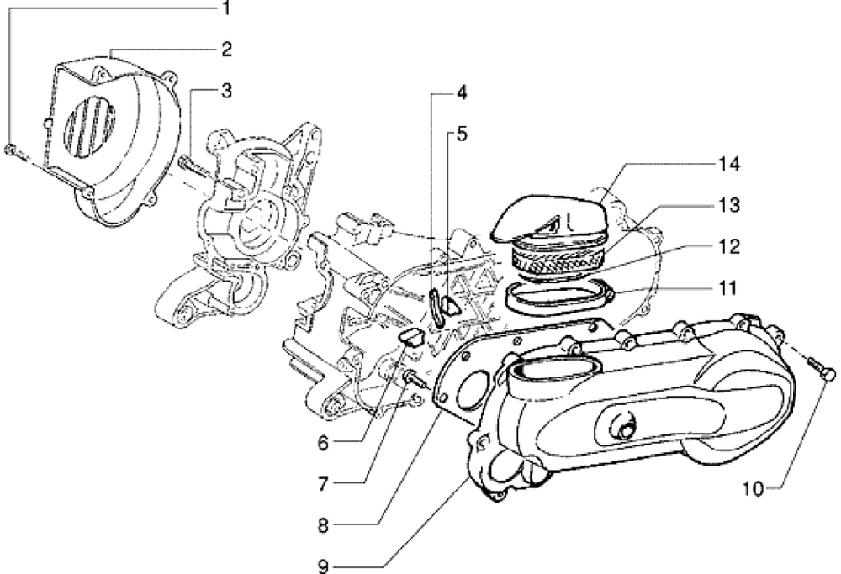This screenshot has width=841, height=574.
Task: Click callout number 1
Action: (x=225, y=9)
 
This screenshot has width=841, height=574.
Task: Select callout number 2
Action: (x=226, y=49)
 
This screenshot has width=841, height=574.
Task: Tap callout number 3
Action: (x=226, y=89)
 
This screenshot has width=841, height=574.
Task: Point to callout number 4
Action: (x=462, y=92)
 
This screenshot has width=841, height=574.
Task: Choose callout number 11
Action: (x=728, y=288)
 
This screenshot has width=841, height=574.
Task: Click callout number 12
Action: (x=728, y=247)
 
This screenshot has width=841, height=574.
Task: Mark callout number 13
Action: (x=728, y=205)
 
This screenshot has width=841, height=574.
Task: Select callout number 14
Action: (x=728, y=164)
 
